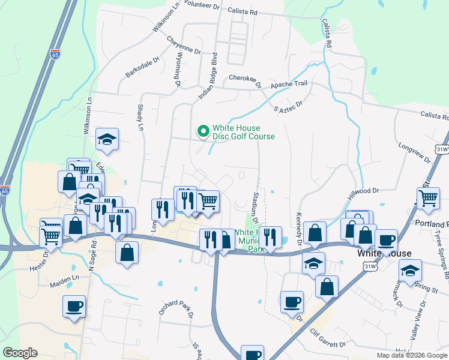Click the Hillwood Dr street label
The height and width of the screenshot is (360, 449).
coord(364,192)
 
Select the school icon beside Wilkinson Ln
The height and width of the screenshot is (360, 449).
coord(107,140)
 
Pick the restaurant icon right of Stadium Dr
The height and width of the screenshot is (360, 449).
coord(271,238)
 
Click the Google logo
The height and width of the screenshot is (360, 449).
coord(20,353)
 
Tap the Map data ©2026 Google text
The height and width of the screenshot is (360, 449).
coord(412,355)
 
